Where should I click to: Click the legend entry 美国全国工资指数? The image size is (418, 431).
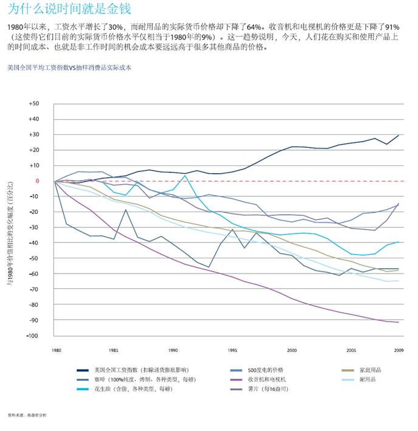140,370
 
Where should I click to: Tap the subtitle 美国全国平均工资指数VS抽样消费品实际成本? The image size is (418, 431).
69,68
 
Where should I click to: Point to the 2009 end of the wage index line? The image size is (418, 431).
399,135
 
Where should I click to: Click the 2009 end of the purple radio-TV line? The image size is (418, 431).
399,322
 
